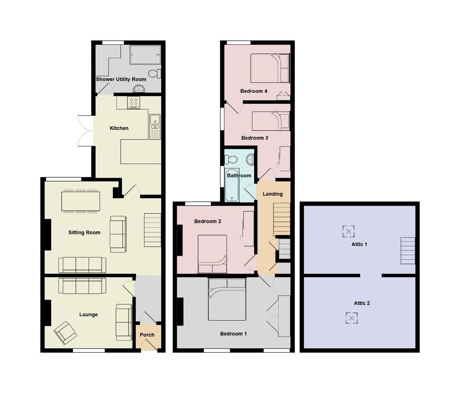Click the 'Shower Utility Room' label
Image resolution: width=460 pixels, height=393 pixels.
121,79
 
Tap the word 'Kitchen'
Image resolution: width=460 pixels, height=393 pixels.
119,128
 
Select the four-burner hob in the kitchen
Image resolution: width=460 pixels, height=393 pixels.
133,103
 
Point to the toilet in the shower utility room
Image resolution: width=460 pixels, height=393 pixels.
155,74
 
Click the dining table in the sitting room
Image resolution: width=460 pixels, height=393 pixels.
81,201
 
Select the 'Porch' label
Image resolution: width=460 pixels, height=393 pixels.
147,335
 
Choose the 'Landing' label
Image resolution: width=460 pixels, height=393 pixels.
273,194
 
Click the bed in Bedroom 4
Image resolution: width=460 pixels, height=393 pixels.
269,68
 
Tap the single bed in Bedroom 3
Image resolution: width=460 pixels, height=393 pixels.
270,121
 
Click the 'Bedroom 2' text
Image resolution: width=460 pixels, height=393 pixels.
208,221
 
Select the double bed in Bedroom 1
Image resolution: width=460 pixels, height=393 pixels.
227,299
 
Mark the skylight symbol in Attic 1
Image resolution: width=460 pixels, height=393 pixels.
349,231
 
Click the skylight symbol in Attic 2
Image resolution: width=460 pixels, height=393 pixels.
351,318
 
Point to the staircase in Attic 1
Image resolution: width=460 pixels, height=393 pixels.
408,251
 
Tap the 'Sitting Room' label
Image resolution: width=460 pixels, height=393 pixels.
84,233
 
